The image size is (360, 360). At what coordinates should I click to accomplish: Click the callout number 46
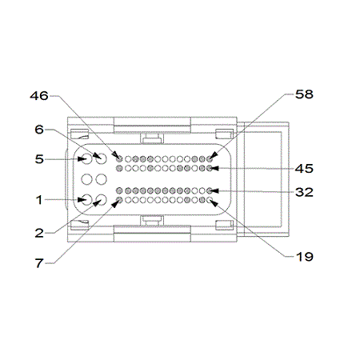pos(39,96)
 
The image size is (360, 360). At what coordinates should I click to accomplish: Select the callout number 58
pos(304,94)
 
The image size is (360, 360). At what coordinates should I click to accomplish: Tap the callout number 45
pos(304,169)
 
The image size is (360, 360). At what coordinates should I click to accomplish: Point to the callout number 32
pos(304,192)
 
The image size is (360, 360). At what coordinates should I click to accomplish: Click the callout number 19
pos(305,257)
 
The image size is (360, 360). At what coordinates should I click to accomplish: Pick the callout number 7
pos(39,263)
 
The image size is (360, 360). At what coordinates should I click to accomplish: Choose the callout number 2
pos(39,234)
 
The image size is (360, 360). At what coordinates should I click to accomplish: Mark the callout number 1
pos(39,200)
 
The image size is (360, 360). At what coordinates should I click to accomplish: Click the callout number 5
pos(39,159)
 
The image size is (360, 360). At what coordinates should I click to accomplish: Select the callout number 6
pos(39,130)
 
